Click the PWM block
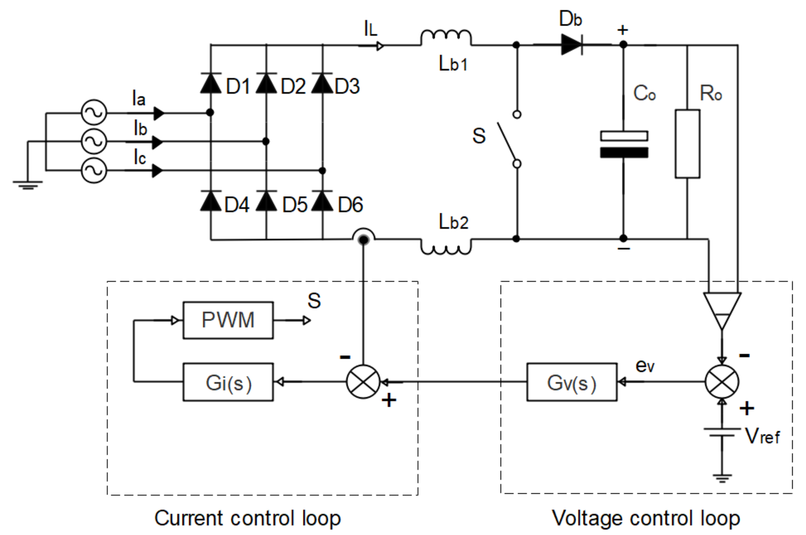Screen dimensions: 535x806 click(x=228, y=320)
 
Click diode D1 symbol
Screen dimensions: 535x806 click(x=211, y=84)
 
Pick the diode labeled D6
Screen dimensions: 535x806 click(x=322, y=201)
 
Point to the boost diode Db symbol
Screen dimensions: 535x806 click(x=572, y=45)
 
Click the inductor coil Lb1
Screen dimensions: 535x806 click(x=446, y=38)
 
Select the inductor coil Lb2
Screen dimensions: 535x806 click(x=446, y=247)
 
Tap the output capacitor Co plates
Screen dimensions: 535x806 click(x=624, y=144)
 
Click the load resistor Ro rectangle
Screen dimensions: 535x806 click(x=687, y=144)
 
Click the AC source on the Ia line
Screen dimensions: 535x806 click(x=94, y=112)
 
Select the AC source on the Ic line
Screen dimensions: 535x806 click(x=94, y=170)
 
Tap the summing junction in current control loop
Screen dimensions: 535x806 click(x=363, y=381)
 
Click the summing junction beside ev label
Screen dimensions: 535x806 click(x=722, y=381)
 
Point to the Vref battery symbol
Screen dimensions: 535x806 click(x=722, y=432)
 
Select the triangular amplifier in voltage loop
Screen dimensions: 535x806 click(x=722, y=309)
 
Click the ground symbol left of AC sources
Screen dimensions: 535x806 click(x=28, y=184)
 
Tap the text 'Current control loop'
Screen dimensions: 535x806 click(x=248, y=518)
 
